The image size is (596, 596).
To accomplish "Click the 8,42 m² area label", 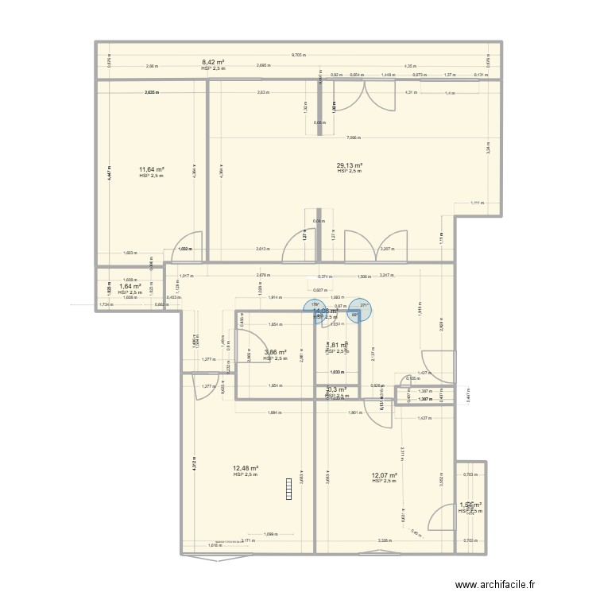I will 212,62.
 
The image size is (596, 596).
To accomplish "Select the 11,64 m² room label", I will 151,169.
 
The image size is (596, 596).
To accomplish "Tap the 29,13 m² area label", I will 349,165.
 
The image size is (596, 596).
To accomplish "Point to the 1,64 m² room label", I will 130,286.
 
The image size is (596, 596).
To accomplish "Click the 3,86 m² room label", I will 274,352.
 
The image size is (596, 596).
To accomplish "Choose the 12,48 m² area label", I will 246,468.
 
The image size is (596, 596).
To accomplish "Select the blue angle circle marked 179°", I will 314,309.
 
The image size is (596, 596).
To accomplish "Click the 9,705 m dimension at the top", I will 298,55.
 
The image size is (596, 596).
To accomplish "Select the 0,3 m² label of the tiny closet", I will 336,389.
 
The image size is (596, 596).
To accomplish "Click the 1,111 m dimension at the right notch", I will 476,203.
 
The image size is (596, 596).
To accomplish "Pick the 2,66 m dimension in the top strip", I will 151,67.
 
